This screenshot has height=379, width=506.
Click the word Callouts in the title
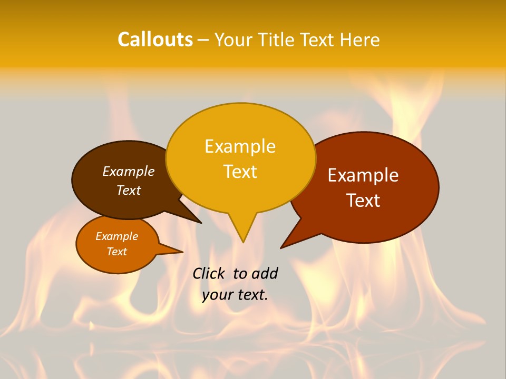click(x=155, y=39)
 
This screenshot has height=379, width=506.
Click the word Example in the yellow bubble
click(x=240, y=146)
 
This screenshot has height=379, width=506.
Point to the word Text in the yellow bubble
click(x=240, y=172)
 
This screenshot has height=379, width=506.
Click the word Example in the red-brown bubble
click(x=363, y=175)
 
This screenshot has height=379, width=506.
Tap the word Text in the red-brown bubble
click(x=363, y=201)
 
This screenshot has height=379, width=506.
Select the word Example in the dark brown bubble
click(x=129, y=171)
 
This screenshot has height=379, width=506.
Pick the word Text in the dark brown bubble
click(x=129, y=190)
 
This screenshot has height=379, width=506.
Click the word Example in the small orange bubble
click(x=116, y=236)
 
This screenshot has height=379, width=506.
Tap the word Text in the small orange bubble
click(x=116, y=252)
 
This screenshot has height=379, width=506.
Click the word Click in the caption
click(x=208, y=273)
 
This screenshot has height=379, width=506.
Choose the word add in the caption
click(x=265, y=273)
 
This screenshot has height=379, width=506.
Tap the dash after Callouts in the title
click(x=203, y=40)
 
